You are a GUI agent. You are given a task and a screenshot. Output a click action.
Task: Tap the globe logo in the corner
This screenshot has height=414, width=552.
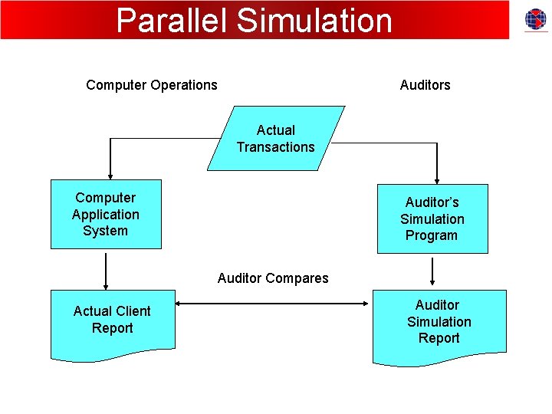click(x=536, y=20)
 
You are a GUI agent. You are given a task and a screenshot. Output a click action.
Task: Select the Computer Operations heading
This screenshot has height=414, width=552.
click(x=152, y=85)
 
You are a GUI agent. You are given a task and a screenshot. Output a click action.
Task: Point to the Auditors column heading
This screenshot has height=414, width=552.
click(x=425, y=85)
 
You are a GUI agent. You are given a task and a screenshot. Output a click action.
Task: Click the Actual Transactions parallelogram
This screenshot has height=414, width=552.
click(x=275, y=139)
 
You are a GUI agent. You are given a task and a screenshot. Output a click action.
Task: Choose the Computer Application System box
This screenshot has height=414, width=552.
click(x=106, y=215)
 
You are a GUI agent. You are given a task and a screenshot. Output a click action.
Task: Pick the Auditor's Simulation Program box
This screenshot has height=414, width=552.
click(x=432, y=219)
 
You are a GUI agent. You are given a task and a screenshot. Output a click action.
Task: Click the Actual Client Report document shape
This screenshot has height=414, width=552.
click(x=113, y=322)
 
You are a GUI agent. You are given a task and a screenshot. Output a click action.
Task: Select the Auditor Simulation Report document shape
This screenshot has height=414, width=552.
click(x=439, y=324)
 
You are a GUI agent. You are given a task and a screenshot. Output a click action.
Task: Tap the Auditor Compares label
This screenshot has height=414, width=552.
click(x=273, y=278)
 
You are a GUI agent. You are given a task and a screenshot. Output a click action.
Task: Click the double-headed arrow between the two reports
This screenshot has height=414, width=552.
click(x=274, y=304)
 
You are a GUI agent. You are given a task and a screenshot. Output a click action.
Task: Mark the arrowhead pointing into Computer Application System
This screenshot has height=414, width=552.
click(x=111, y=174)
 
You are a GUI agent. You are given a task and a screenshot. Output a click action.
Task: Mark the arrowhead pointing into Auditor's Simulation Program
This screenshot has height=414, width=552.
click(x=437, y=179)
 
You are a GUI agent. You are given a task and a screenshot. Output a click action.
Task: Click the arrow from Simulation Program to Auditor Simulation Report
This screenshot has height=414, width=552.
click(x=433, y=271)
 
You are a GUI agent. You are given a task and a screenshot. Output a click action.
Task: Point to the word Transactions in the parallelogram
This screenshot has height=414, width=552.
click(x=275, y=147)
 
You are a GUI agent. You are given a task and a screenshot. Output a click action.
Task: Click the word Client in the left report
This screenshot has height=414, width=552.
click(x=131, y=311)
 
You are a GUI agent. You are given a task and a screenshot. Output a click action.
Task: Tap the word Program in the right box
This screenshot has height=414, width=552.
click(x=432, y=236)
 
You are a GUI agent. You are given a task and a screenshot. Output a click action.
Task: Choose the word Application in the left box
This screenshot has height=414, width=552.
click(x=106, y=215)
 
